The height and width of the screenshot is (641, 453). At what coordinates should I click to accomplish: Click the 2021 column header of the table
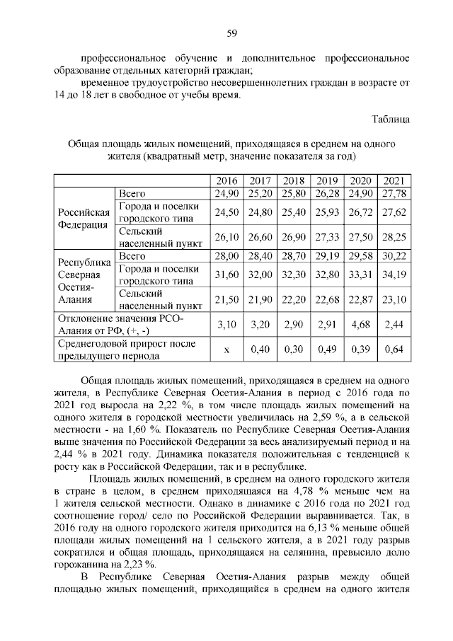(x=394, y=180)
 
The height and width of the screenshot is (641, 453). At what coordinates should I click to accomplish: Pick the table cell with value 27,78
(x=394, y=193)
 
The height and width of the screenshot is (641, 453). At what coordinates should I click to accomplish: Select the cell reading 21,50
(x=226, y=300)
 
